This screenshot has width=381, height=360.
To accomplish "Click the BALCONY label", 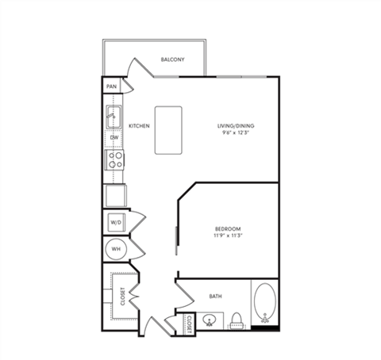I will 173,60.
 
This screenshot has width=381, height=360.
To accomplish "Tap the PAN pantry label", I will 112,86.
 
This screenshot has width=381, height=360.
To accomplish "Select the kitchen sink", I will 113,118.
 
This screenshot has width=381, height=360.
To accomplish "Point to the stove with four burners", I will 114,160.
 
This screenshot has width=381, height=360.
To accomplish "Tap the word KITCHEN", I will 140,125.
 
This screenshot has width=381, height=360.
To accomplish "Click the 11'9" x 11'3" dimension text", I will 227,236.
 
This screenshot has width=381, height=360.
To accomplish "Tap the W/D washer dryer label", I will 115,223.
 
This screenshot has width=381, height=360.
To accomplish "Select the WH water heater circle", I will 116,249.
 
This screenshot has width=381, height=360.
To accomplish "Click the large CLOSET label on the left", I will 123,296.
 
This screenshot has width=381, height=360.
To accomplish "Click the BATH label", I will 216,297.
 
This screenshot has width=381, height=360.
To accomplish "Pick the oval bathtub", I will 266,305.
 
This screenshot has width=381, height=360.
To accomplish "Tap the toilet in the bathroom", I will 236,320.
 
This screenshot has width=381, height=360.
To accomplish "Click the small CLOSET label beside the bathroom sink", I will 189,323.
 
